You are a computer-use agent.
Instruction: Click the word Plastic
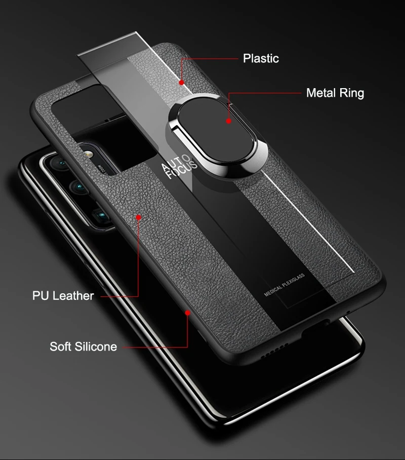tap(261, 58)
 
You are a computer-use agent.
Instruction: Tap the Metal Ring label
tap(335, 93)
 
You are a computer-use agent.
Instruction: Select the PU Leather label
tap(63, 296)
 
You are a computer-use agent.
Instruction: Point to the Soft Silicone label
tap(83, 347)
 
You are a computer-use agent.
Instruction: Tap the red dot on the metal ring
tap(229, 121)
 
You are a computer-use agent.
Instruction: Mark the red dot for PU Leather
tap(138, 217)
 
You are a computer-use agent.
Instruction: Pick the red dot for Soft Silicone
tap(188, 313)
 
